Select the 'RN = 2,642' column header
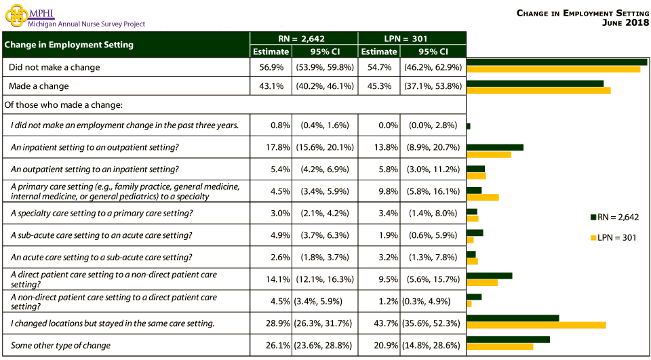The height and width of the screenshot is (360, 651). point(304,39)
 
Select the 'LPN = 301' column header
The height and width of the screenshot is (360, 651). point(412,39)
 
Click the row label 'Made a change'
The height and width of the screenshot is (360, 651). point(39,86)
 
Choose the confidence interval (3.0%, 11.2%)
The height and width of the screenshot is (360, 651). point(434,169)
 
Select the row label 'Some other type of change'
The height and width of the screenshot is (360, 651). point(60,345)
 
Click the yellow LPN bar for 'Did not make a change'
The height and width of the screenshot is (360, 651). point(553,69)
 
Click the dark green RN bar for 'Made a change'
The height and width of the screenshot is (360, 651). point(535,83)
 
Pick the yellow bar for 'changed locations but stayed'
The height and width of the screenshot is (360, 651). point(536,325)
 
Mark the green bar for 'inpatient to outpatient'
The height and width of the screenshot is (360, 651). point(495,147)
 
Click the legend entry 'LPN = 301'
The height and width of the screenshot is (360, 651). point(617,237)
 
